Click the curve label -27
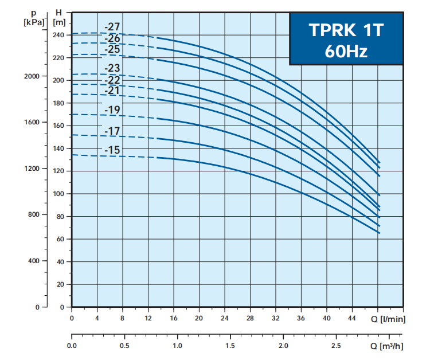[x=112, y=26]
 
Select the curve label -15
[x=112, y=150]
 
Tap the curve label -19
[x=112, y=110]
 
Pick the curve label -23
[x=112, y=69]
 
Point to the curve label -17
[x=112, y=131]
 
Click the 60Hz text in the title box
[x=345, y=52]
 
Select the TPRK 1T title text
[x=345, y=30]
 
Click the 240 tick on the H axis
[x=59, y=35]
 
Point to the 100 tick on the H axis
[x=59, y=194]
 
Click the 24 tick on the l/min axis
[x=225, y=318]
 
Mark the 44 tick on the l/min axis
[x=352, y=318]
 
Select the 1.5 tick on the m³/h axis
[x=230, y=346]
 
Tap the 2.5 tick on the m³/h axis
[x=336, y=346]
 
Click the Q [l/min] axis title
[x=389, y=319]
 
